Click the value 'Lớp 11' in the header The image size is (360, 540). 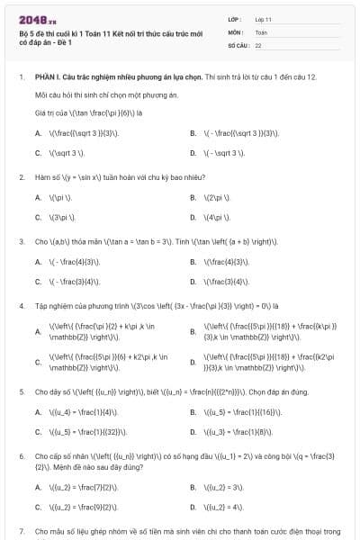point(264,18)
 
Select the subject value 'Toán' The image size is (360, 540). point(261,31)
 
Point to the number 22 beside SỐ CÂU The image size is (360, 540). point(258,44)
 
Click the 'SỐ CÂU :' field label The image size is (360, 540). point(238,44)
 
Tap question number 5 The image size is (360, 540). point(21,391)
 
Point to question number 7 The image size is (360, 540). point(21,532)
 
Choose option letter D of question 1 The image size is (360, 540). point(193,153)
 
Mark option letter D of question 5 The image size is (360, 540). point(193,432)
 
